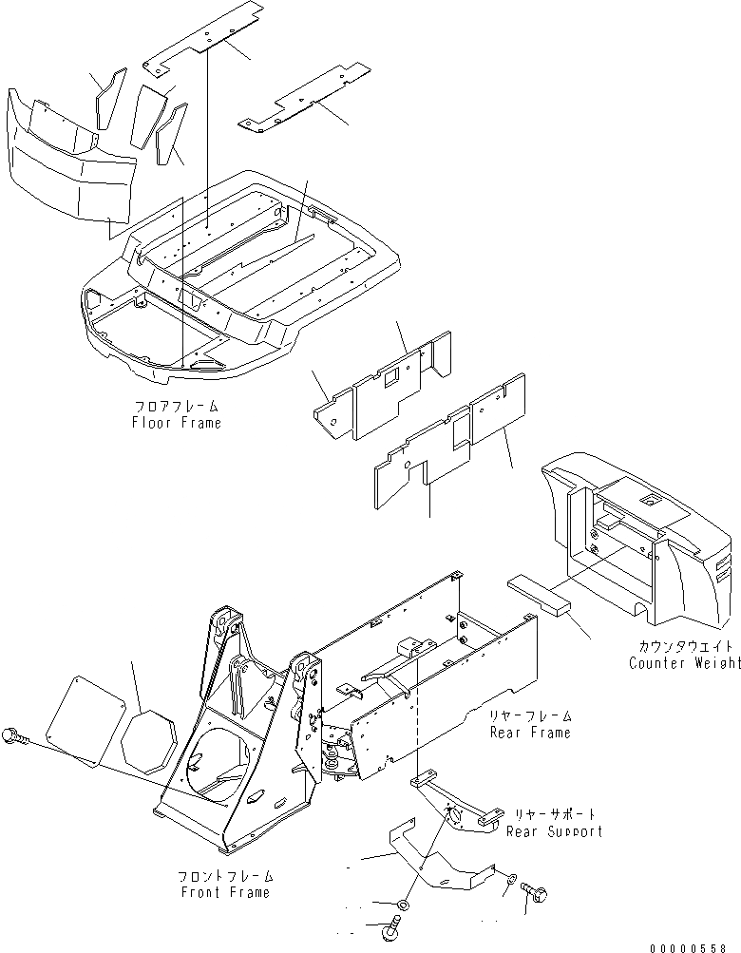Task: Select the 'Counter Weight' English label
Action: coord(684,662)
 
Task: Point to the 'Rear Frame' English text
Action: coord(530,733)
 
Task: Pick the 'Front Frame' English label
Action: coord(224,892)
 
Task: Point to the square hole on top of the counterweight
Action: coord(649,499)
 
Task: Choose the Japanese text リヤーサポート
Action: coord(556,815)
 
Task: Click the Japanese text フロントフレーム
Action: coord(224,876)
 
